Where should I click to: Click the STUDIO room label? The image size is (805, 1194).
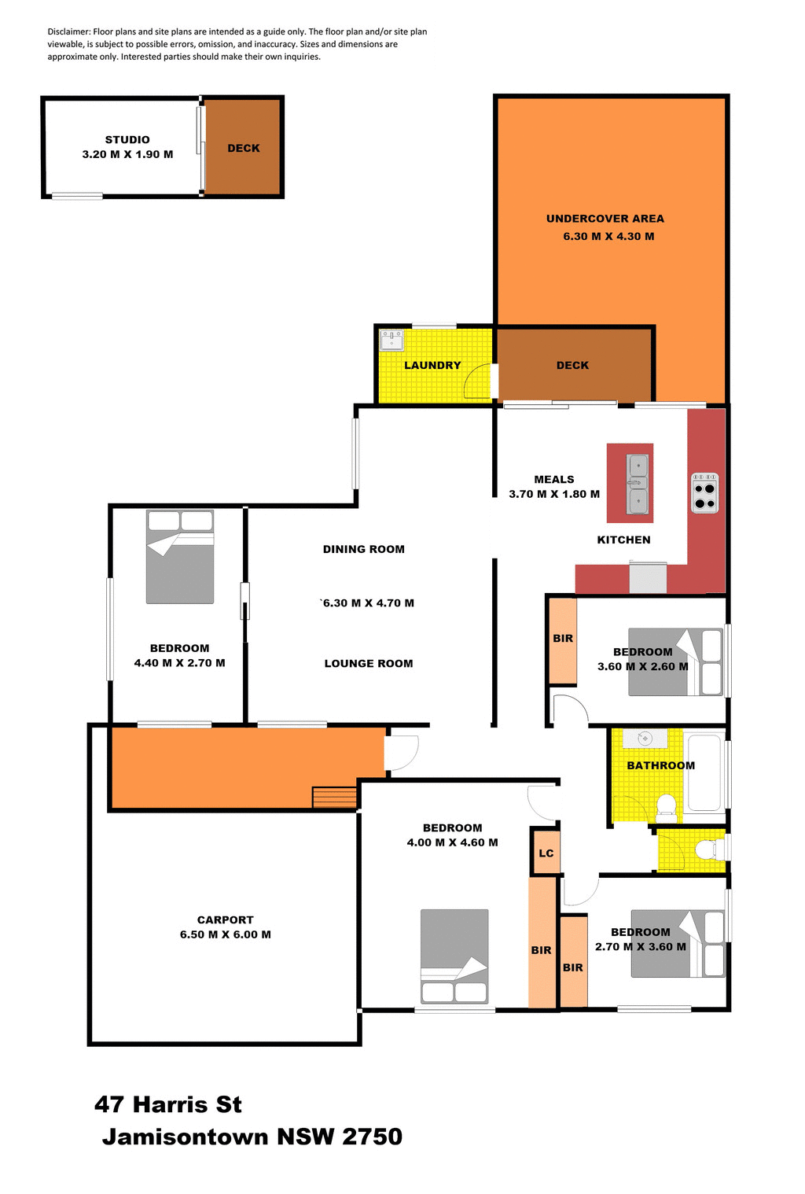click(x=127, y=140)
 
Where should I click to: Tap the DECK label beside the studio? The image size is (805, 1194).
click(x=243, y=148)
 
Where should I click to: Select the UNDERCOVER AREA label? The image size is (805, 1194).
click(x=605, y=219)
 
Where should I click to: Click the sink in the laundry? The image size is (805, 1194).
click(x=391, y=340)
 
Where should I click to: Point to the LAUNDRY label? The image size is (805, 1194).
click(x=432, y=365)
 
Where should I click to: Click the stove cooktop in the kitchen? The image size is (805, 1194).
click(x=704, y=493)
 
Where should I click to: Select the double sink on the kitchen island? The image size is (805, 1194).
click(x=638, y=483)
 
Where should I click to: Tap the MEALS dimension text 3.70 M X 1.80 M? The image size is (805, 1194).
click(x=553, y=494)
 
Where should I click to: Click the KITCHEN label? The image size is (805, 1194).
click(x=623, y=540)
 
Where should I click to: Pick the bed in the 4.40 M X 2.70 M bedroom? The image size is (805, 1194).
click(x=180, y=557)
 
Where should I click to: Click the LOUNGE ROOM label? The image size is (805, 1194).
click(x=368, y=663)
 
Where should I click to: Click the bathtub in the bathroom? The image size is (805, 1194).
click(x=704, y=772)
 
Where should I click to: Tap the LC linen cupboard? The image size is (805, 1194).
click(x=546, y=853)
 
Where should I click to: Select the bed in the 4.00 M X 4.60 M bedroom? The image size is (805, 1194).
click(x=454, y=956)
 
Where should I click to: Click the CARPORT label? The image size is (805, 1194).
click(x=225, y=919)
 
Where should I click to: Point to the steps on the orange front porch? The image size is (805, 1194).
click(x=334, y=797)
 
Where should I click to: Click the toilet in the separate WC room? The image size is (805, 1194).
click(x=707, y=849)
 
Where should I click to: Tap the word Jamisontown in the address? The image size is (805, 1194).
click(x=186, y=1137)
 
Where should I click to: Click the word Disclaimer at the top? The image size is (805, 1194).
click(x=68, y=31)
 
